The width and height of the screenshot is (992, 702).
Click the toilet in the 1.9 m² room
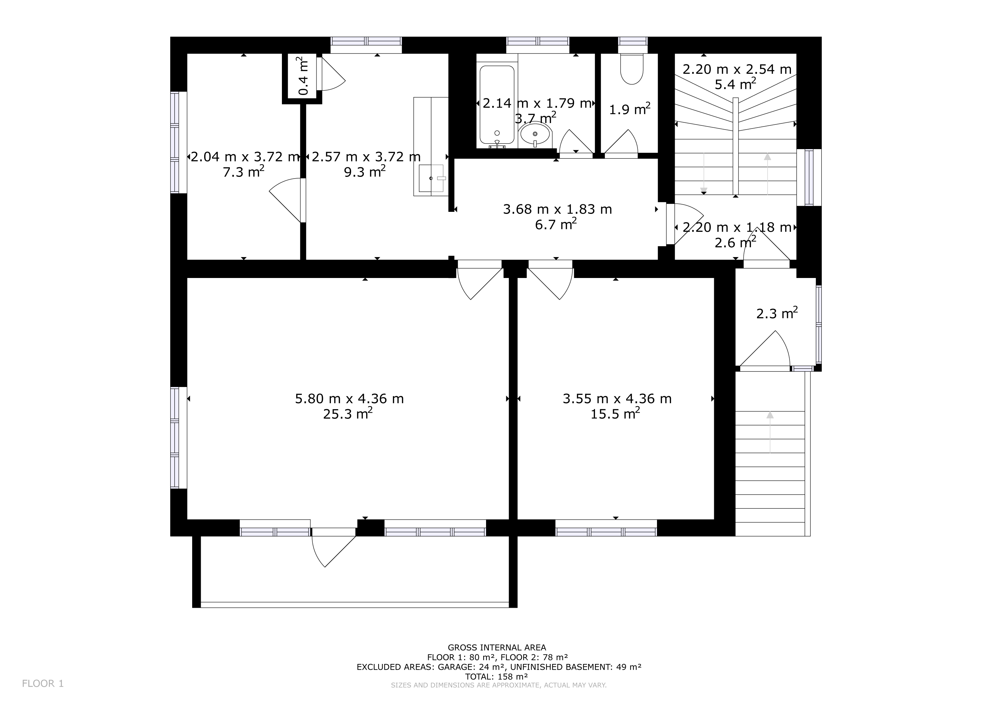click(x=632, y=69)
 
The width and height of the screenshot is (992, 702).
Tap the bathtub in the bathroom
click(x=497, y=105)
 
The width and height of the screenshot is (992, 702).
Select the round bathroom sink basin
click(x=535, y=134)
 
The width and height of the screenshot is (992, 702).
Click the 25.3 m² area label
click(x=348, y=414)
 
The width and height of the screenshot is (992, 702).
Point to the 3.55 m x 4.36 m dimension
click(x=617, y=399)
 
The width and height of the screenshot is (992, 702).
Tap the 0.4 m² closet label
click(x=304, y=76)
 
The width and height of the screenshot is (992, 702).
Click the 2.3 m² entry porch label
click(x=777, y=313)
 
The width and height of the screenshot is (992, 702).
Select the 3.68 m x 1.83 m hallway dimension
click(x=557, y=209)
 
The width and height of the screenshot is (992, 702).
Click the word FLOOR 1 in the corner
click(x=43, y=683)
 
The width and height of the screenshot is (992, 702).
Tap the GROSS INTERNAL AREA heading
click(x=497, y=647)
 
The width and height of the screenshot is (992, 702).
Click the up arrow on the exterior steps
click(x=770, y=432)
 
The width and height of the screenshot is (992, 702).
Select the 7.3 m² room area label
click(x=243, y=172)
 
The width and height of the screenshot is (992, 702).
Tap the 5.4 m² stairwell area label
click(x=735, y=84)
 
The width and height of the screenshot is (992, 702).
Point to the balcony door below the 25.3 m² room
click(x=334, y=547)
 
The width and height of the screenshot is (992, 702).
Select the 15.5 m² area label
click(x=615, y=414)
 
